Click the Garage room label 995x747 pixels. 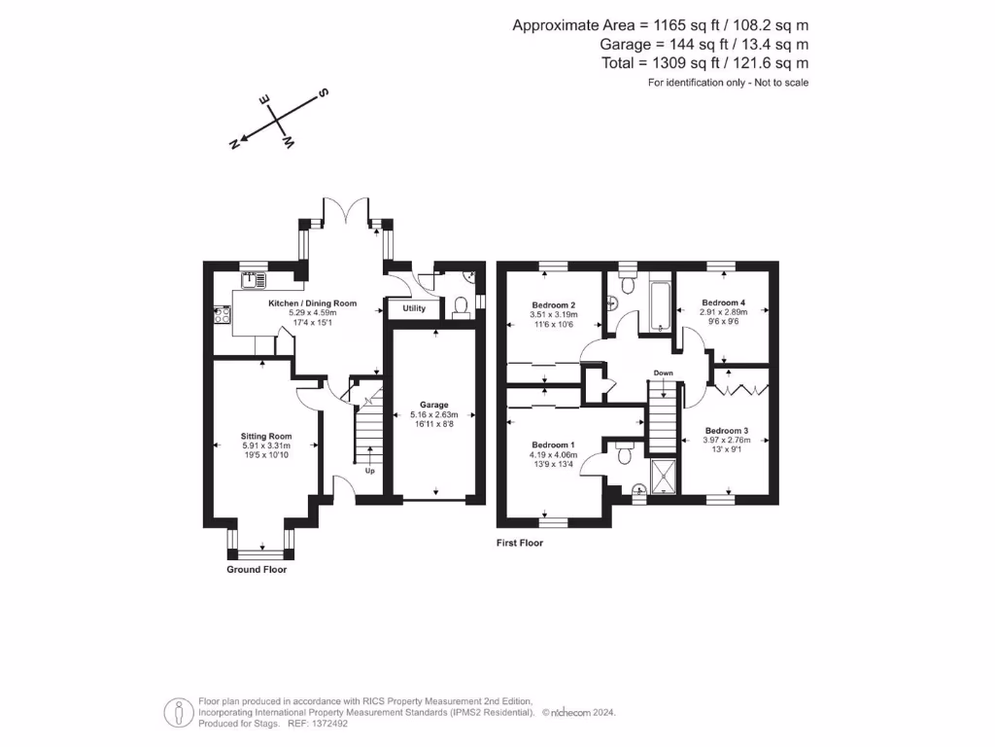pos(434,404)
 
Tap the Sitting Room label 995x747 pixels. pos(266,436)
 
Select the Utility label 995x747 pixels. pos(415,308)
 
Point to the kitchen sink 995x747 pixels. pos(255,280)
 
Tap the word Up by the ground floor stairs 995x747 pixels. pos(369,471)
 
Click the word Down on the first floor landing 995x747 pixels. pos(664,373)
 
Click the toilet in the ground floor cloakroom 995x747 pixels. pos(462,306)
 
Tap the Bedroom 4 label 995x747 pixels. pos(724,302)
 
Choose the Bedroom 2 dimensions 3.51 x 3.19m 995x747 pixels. pos(554,314)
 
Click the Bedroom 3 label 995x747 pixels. pos(727,430)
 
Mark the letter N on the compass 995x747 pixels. pos(234,144)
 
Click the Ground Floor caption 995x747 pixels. pos(257,569)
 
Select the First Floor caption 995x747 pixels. pos(520,543)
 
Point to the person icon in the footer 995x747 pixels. pos(177,712)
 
